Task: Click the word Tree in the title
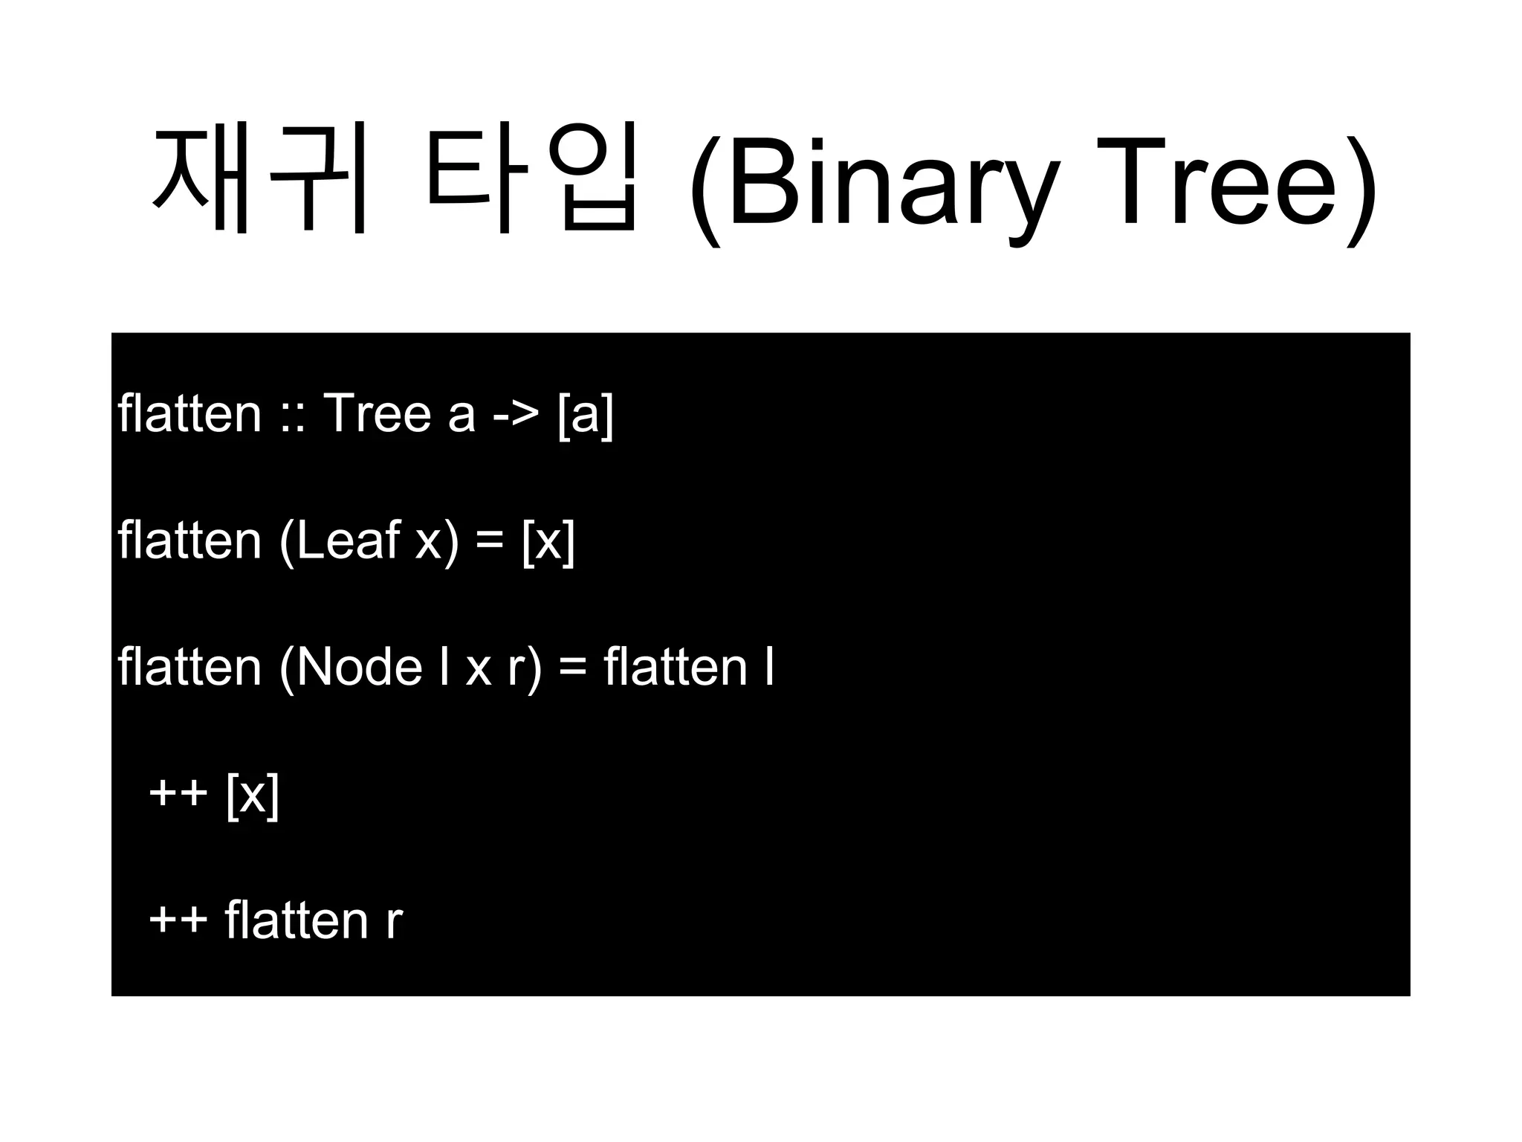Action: [x=1226, y=182]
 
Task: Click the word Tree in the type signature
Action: [x=378, y=413]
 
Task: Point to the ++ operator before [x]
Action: [x=178, y=794]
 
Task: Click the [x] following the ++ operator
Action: [x=253, y=795]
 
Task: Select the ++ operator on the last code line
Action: [x=178, y=920]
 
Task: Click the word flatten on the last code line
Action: [x=296, y=920]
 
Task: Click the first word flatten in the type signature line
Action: [x=190, y=413]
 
